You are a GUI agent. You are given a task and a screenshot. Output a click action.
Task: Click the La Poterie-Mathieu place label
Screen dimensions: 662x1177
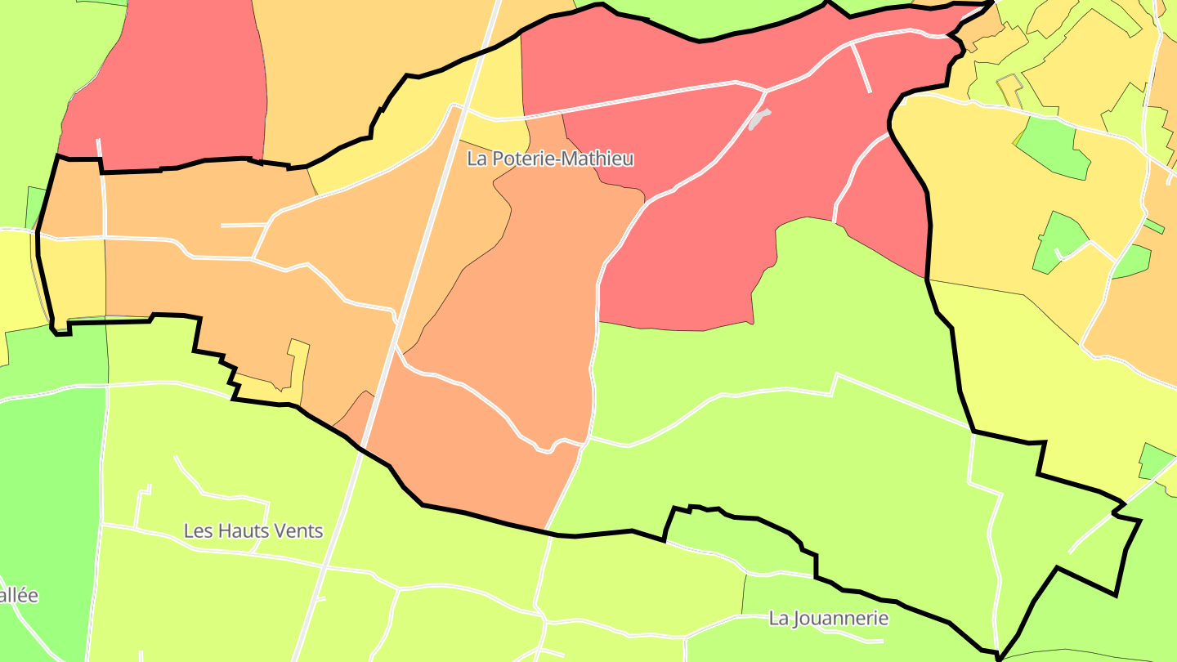point(550,159)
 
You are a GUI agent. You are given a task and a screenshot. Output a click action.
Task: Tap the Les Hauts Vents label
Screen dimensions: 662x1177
point(253,531)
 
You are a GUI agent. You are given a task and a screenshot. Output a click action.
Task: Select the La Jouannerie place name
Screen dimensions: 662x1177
point(828,618)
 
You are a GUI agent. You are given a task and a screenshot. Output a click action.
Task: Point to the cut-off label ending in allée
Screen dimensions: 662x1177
point(18,595)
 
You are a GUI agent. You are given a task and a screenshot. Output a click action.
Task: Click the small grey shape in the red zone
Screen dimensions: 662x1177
point(759,119)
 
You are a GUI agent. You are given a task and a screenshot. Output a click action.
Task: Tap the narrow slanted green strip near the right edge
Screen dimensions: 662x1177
point(1153,226)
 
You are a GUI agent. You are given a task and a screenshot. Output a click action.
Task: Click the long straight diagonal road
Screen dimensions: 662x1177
point(425,245)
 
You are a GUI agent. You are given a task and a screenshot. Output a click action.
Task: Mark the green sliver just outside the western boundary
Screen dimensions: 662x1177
point(34,208)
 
